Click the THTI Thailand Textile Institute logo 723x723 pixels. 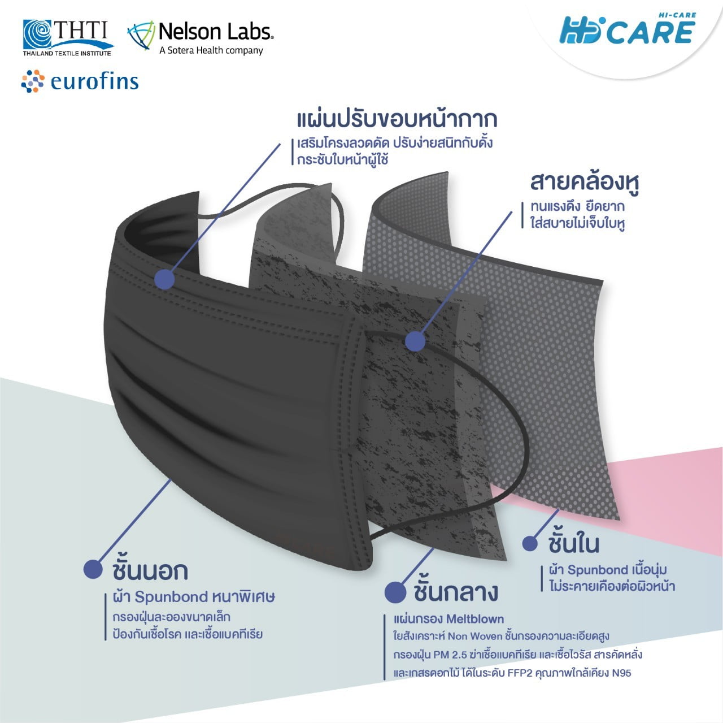tap(67, 38)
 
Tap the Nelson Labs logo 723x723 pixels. tap(201, 37)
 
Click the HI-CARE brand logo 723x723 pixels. tap(628, 30)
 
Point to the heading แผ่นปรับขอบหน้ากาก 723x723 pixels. tap(397, 120)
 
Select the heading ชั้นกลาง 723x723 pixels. tap(456, 592)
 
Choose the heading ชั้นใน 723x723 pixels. tap(573, 543)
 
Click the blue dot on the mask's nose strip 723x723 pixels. tap(164, 279)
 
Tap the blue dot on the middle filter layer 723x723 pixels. tap(415, 341)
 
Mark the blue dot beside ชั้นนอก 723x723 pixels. tap(93, 569)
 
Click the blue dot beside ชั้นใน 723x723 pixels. tap(530, 543)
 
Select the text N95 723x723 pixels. tap(621, 673)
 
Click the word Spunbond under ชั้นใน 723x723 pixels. tap(598, 570)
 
